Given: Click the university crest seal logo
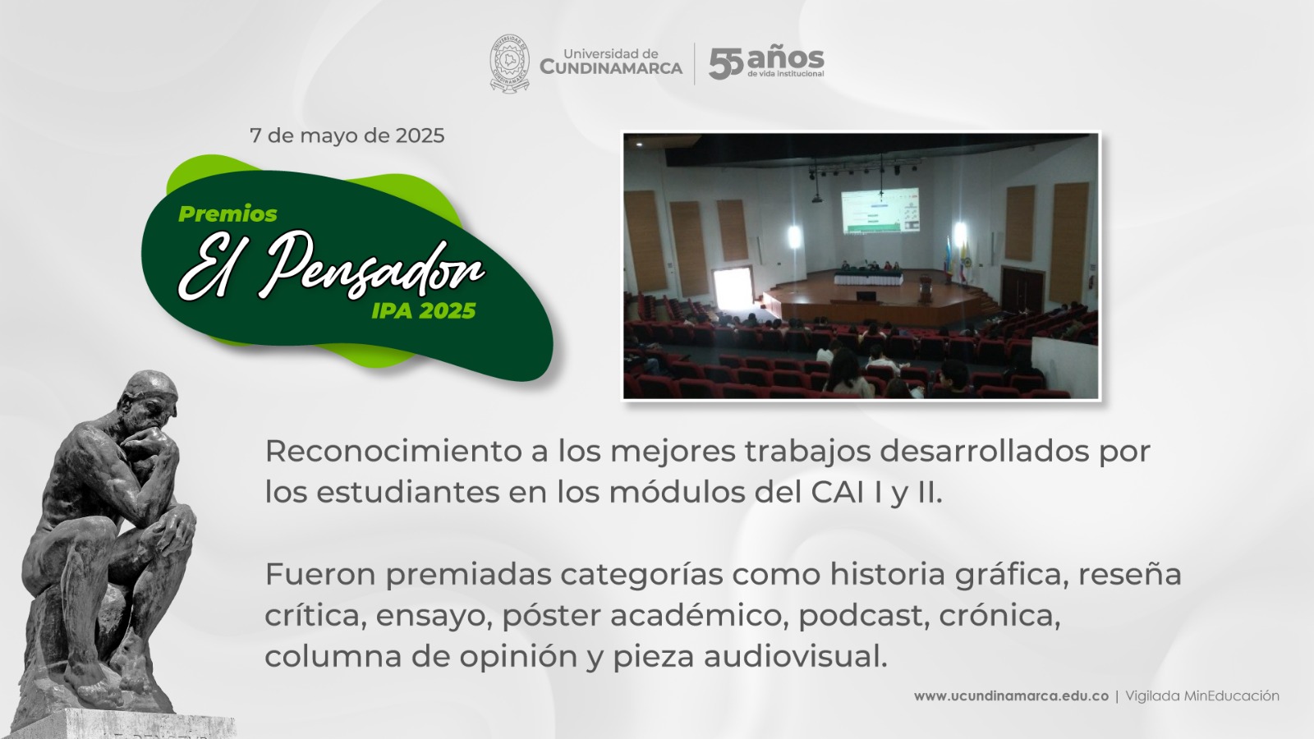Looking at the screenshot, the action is pyautogui.click(x=509, y=63).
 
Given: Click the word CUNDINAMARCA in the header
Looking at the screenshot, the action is pyautogui.click(x=611, y=68).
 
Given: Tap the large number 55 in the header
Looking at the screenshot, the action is pyautogui.click(x=726, y=63).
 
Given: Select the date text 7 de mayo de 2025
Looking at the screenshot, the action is pyautogui.click(x=347, y=135).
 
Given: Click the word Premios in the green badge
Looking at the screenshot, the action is pyautogui.click(x=227, y=214).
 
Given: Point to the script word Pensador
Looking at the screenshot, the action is pyautogui.click(x=370, y=268).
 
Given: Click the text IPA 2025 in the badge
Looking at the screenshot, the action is pyautogui.click(x=424, y=311).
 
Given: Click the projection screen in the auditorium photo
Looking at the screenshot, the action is pyautogui.click(x=880, y=210).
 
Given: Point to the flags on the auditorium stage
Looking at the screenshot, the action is pyautogui.click(x=956, y=258).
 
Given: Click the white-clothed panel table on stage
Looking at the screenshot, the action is pyautogui.click(x=869, y=278).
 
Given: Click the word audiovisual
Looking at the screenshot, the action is pyautogui.click(x=796, y=656).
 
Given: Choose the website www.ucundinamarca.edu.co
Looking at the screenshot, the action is pyautogui.click(x=1011, y=696).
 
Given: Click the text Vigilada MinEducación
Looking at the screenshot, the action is pyautogui.click(x=1202, y=696).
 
